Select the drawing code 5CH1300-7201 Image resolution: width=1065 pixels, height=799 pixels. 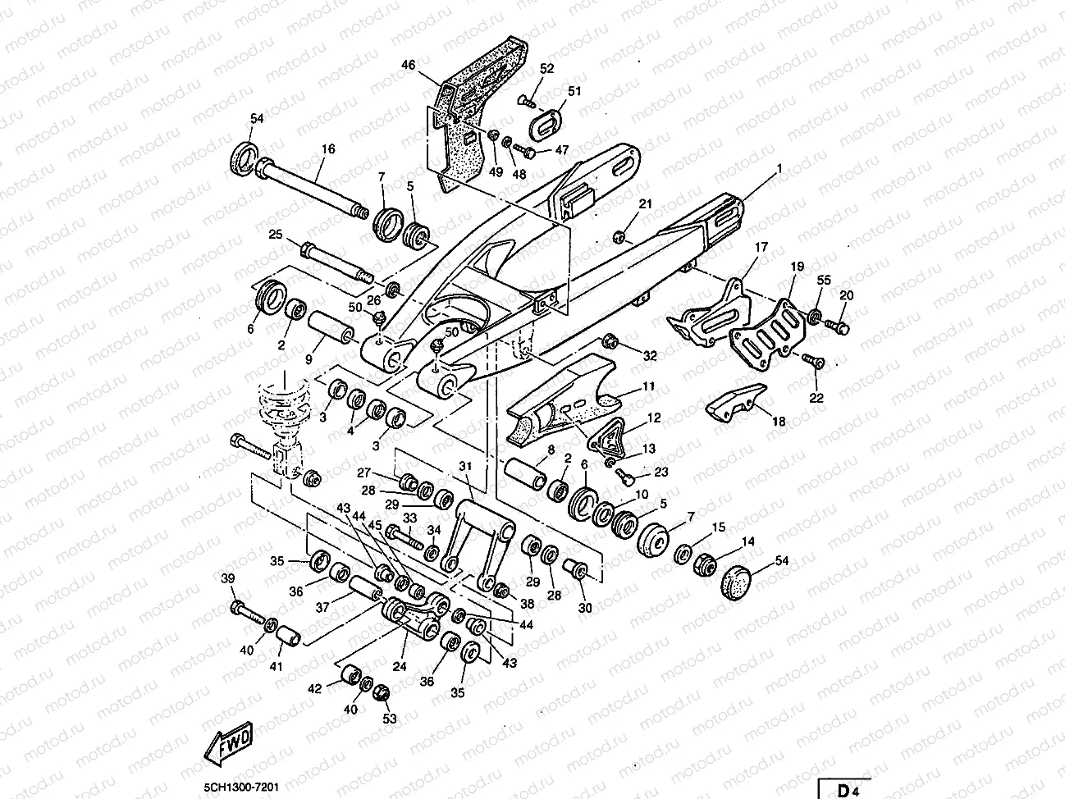pos(242,787)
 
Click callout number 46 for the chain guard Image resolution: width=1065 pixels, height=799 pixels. pos(409,64)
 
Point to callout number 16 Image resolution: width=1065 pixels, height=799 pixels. pos(328,149)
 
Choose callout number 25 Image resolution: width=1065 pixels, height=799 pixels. pos(275,235)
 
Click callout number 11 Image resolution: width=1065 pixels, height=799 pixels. pos(648,386)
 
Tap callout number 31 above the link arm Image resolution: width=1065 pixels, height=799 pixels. pos(466,466)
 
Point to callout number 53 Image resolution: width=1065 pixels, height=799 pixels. pos(388,719)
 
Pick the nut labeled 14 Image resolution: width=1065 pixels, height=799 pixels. pos(704,564)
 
